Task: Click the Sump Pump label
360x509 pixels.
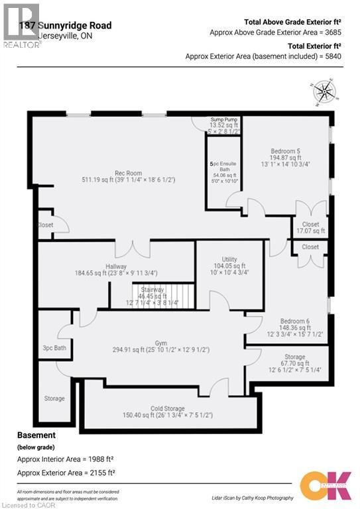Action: (223, 119)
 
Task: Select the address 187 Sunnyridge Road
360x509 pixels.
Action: (65, 26)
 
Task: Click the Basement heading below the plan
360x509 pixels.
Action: (36, 435)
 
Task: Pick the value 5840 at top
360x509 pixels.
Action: (330, 57)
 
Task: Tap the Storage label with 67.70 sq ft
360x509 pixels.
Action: (295, 357)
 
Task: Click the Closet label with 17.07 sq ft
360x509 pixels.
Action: (310, 225)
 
